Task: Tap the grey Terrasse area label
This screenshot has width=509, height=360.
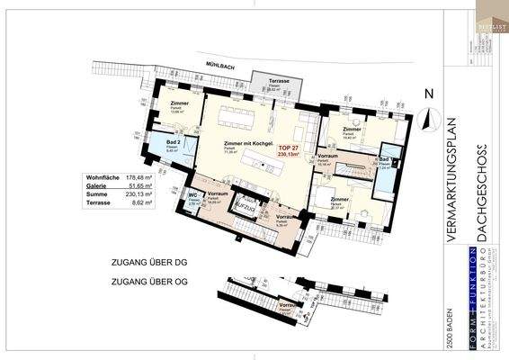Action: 278,81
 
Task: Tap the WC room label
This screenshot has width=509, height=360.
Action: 192,195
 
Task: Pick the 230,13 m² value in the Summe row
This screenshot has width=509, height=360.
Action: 136,197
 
